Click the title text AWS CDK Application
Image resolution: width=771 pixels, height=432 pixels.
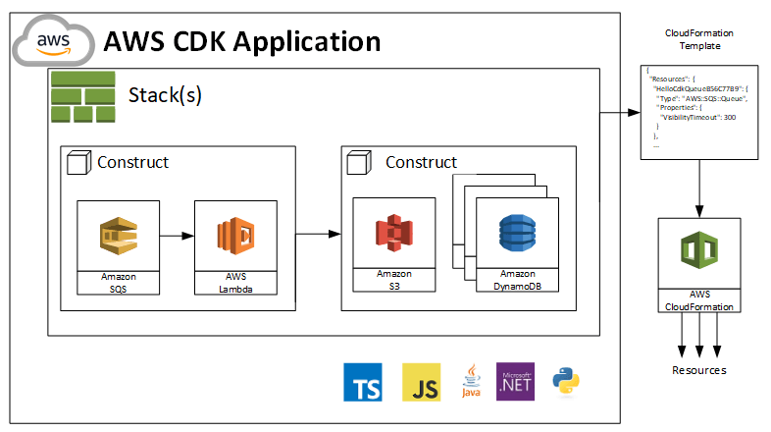point(241,41)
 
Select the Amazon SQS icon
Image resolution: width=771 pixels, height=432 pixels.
point(119,236)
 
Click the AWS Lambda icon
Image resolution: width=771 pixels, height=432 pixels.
point(234,236)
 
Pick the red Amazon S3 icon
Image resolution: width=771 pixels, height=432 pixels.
point(393,234)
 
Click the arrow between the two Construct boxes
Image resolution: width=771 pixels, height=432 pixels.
point(318,235)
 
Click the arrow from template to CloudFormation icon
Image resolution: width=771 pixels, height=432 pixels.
point(698,187)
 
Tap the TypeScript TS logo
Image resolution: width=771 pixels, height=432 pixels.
point(363,381)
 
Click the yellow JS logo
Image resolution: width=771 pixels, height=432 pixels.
point(421,381)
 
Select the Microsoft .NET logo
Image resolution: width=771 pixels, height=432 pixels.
point(516,381)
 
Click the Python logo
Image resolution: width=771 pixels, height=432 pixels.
point(568,381)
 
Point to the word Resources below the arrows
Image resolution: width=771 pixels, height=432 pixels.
point(698,370)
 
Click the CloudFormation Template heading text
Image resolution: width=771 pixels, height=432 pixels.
point(698,39)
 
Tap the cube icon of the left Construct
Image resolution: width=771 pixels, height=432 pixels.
point(79,163)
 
